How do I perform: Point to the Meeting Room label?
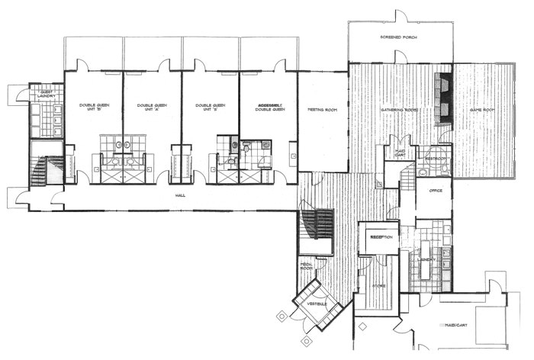tap(323, 110)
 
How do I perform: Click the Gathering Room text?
tap(399, 110)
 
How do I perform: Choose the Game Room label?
tap(482, 110)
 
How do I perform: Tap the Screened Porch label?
tap(396, 37)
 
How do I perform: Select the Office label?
tap(436, 191)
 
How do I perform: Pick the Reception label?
tap(381, 237)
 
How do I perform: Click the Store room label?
tap(378, 286)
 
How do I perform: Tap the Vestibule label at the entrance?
tap(317, 304)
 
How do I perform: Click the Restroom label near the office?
tap(436, 159)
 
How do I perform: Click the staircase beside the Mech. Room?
tap(319, 225)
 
